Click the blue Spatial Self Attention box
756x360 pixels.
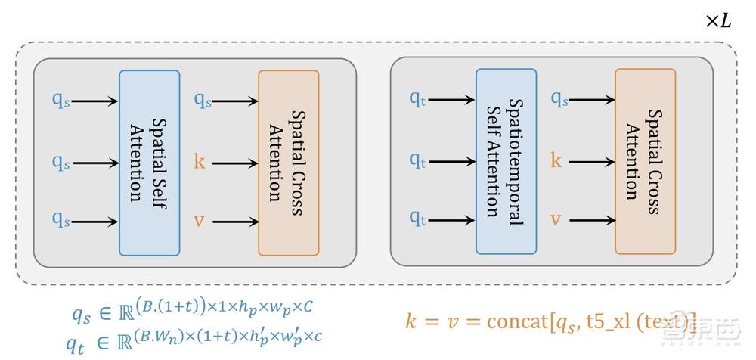[x=149, y=163]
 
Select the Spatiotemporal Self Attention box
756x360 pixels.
[x=506, y=161]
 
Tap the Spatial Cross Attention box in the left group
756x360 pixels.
[x=288, y=163]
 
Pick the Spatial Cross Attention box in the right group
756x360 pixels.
[x=645, y=161]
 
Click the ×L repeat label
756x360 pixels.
[x=718, y=21]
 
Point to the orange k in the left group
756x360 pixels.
[x=200, y=161]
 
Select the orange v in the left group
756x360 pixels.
[x=200, y=222]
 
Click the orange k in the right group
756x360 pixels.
[x=556, y=160]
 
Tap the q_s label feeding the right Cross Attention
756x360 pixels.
[x=559, y=98]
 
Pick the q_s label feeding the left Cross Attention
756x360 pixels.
[x=203, y=100]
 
